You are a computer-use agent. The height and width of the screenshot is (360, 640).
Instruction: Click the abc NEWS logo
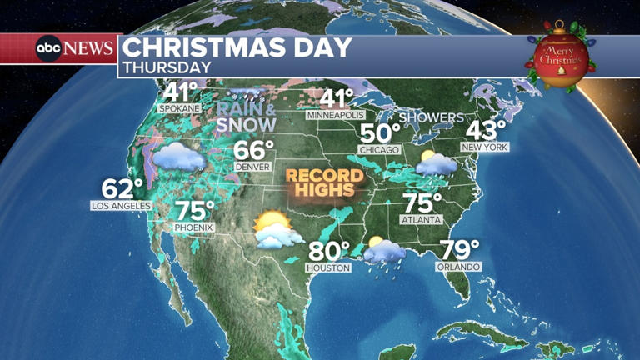pyautogui.click(x=74, y=48)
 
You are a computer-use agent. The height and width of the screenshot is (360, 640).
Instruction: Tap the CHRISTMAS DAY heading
pyautogui.click(x=238, y=47)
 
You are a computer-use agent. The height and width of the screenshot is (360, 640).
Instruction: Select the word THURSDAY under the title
pyautogui.click(x=167, y=67)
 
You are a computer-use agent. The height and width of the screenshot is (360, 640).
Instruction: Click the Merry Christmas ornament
pyautogui.click(x=561, y=58)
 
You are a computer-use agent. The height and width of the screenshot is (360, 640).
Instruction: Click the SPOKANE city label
pyautogui.click(x=180, y=108)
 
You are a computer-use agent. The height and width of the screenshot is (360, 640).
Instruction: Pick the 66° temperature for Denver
pyautogui.click(x=252, y=150)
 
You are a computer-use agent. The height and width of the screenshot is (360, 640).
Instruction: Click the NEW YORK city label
pyautogui.click(x=487, y=147)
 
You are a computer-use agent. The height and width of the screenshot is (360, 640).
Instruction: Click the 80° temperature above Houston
pyautogui.click(x=329, y=250)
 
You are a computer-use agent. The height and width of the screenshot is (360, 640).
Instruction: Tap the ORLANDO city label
pyautogui.click(x=458, y=267)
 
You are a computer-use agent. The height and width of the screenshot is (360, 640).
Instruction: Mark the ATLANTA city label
pyautogui.click(x=422, y=220)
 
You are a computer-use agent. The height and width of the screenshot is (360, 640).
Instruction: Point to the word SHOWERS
pyautogui.click(x=430, y=117)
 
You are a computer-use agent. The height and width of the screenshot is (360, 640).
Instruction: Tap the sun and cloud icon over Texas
pyautogui.click(x=276, y=229)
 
